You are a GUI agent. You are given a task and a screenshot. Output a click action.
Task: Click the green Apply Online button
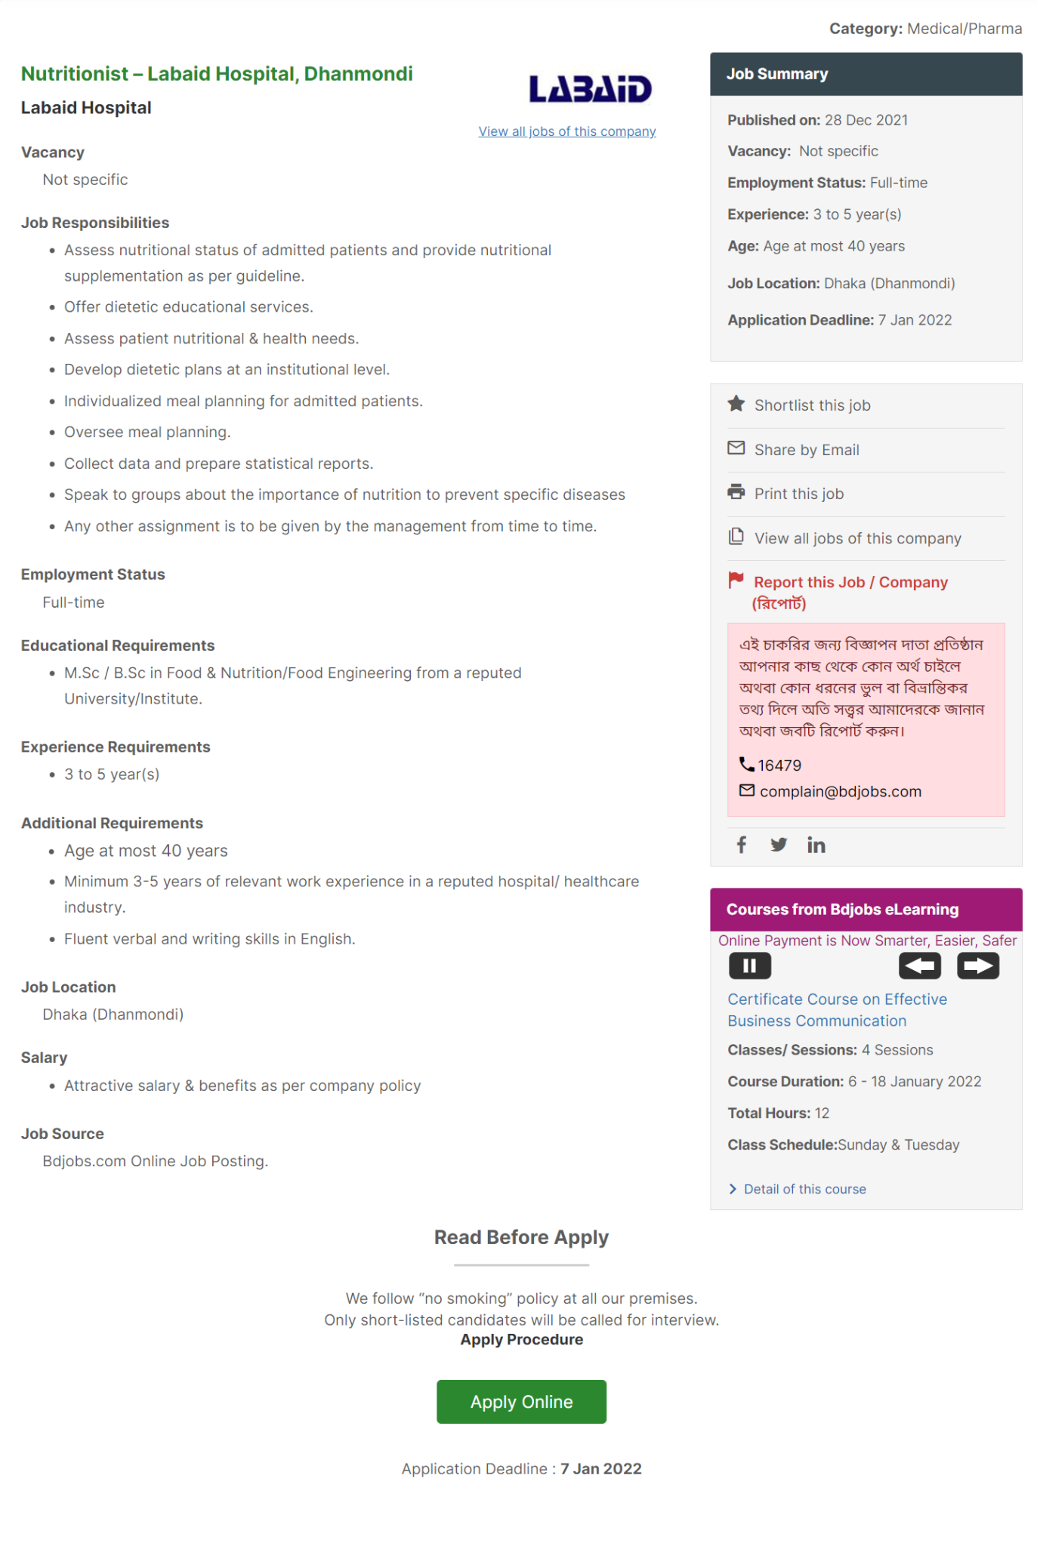click(521, 1401)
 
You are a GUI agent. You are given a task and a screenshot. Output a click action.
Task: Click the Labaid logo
click(590, 89)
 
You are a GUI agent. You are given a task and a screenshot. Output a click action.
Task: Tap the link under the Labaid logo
click(566, 131)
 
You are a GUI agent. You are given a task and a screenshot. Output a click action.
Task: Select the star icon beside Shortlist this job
click(736, 404)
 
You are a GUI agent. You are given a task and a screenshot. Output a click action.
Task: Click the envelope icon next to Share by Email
click(736, 448)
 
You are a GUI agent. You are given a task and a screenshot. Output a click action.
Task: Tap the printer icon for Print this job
click(736, 492)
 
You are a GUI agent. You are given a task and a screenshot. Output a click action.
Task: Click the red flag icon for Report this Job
click(736, 580)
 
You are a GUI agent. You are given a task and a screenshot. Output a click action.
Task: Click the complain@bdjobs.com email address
click(840, 791)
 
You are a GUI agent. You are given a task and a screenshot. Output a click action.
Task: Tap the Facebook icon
click(742, 845)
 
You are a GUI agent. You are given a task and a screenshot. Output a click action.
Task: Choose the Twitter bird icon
click(779, 845)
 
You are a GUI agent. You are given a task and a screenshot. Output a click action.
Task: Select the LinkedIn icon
click(816, 845)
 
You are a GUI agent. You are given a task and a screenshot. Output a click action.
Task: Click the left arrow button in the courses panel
click(919, 965)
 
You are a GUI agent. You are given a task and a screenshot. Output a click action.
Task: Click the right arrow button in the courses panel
click(978, 965)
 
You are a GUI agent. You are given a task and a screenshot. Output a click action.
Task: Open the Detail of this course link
click(804, 1189)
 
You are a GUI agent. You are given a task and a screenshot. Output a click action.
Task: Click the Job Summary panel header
click(866, 74)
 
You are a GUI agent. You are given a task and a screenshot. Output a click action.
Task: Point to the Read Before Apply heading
click(521, 1237)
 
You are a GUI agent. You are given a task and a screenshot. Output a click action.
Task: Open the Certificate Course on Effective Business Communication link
click(837, 1010)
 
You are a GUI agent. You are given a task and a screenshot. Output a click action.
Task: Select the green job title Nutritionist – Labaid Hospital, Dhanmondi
click(217, 74)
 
